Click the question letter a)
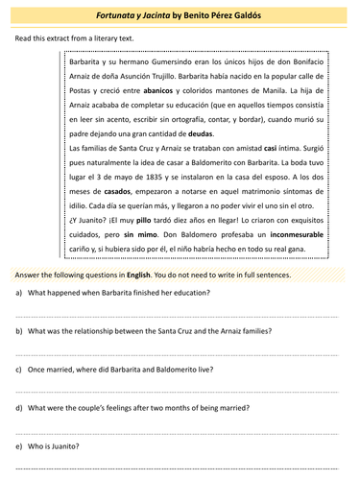pos(19,292)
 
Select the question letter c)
pos(19,368)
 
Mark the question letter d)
pos(19,406)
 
